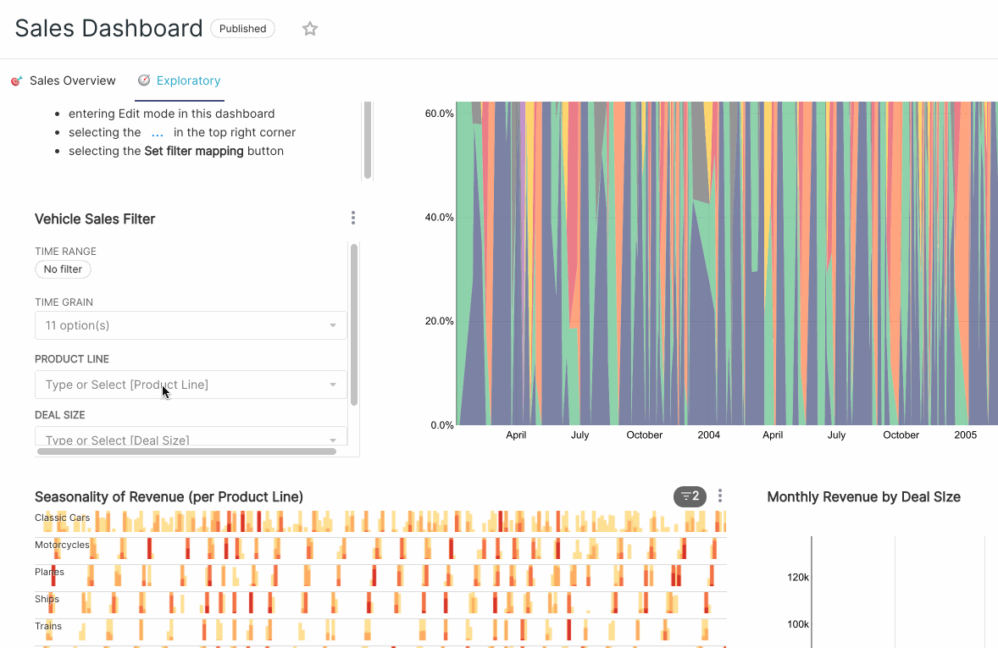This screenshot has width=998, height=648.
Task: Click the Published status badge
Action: click(x=242, y=29)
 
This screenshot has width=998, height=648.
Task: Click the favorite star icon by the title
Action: click(x=310, y=29)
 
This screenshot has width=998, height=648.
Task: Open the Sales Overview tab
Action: click(x=72, y=81)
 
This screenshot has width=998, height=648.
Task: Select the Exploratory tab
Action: click(x=188, y=81)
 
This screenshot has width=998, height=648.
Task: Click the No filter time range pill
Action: click(x=63, y=269)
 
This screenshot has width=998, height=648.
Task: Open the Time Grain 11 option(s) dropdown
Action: click(x=191, y=326)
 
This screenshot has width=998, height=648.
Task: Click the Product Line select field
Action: click(x=191, y=385)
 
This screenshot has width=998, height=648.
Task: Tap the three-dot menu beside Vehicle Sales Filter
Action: click(x=353, y=219)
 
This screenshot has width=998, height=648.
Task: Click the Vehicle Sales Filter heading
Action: click(x=95, y=219)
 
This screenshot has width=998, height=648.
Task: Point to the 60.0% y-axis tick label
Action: click(x=439, y=114)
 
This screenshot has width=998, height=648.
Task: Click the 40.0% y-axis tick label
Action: click(x=439, y=218)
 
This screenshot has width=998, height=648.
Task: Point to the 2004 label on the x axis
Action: click(x=709, y=435)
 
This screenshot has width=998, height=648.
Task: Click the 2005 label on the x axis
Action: click(x=965, y=435)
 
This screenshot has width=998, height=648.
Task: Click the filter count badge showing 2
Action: click(x=690, y=496)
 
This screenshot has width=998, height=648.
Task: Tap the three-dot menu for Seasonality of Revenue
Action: click(x=720, y=496)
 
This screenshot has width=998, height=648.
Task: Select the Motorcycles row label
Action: click(x=62, y=545)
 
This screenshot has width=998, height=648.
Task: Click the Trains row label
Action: click(x=48, y=626)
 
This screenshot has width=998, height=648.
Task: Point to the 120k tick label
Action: click(x=798, y=578)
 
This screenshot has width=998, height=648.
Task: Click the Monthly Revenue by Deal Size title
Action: click(x=863, y=497)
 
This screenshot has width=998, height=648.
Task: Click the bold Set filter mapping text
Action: click(x=194, y=152)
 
